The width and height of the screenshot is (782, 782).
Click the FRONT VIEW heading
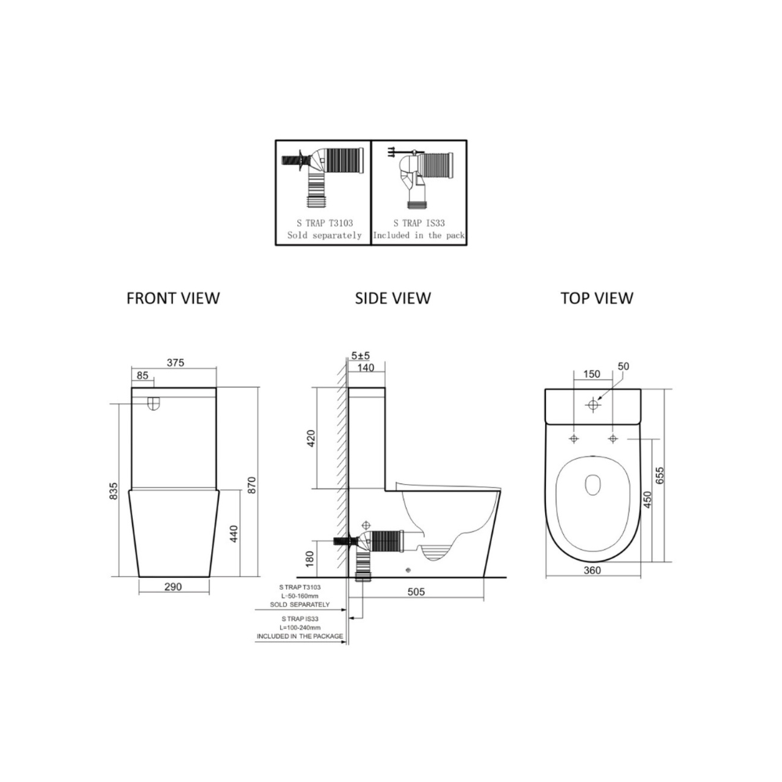pos(173,298)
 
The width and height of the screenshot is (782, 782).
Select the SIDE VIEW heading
pos(393,298)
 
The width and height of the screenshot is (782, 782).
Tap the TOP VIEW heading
pos(597,298)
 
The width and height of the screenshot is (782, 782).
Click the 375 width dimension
pos(175,363)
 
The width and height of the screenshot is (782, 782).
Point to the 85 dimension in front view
pos(142,375)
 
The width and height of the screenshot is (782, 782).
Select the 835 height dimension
pos(113,491)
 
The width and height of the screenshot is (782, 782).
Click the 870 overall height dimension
pos(251,486)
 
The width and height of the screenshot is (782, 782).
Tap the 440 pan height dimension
pos(234,533)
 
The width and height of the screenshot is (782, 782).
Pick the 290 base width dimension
pos(173,586)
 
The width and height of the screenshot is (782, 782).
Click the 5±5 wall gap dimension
pos(361,356)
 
